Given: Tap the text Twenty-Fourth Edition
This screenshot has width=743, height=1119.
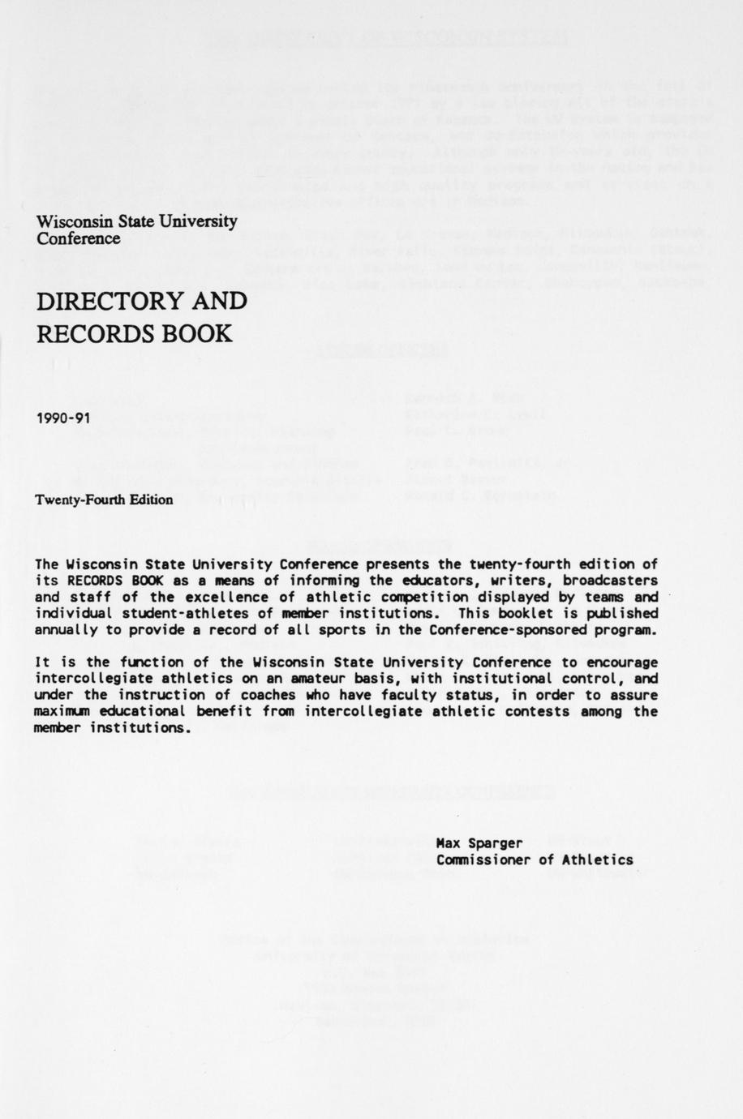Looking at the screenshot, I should pos(104,499).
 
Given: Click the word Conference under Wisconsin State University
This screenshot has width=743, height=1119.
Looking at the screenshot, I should pos(79,238).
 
